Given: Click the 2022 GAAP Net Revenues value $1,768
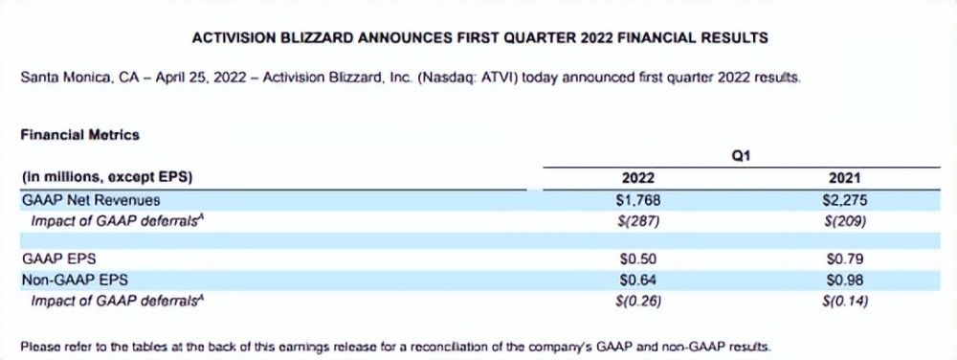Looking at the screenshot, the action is (638, 199).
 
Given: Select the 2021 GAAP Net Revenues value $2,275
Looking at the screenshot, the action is (845, 199).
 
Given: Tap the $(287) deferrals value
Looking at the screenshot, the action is (638, 220).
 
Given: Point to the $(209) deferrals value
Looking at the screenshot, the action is (845, 220).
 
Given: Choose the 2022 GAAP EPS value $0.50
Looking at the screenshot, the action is (638, 259).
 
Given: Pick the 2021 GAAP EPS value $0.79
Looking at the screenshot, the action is (845, 259).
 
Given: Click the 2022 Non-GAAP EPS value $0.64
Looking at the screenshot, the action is (638, 281).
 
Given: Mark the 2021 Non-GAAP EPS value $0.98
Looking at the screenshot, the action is (845, 281).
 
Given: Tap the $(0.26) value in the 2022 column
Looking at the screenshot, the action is (638, 301).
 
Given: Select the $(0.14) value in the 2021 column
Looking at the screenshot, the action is (845, 301).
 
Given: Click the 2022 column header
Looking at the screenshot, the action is (637, 178).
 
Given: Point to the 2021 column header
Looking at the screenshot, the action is (845, 178).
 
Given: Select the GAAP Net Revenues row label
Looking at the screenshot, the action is (91, 200).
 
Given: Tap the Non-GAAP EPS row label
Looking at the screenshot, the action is (75, 281).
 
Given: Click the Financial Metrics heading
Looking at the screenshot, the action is (80, 135).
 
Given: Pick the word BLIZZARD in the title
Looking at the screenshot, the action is (314, 38).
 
